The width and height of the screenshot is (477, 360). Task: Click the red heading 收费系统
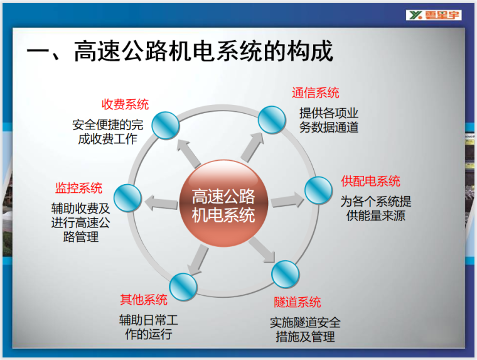pos(126,104)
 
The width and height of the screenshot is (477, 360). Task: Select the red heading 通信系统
pos(315,93)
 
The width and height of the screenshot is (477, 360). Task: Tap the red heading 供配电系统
pos(370,182)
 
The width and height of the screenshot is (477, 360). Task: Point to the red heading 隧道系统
pos(297,302)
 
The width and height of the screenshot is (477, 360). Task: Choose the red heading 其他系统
pos(144,299)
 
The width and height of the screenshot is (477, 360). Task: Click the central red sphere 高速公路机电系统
pos(224,204)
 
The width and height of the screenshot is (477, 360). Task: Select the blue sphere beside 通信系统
pos(272,119)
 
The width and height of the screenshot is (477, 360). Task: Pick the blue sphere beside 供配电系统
pos(318,190)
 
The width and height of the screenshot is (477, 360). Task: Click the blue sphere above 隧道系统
pos(286,275)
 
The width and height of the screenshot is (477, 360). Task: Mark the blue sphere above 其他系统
pos(183,286)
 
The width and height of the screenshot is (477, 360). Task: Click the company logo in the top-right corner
pos(434,14)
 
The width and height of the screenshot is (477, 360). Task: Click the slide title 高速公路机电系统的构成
pos(180,52)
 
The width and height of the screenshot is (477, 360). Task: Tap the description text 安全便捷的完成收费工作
pos(107,132)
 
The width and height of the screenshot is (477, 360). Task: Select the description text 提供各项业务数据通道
pos(329,120)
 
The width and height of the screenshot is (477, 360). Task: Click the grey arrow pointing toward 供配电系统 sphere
pos(287,201)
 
